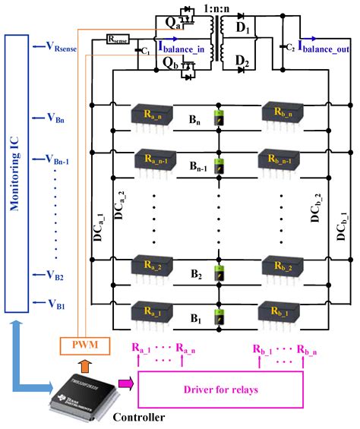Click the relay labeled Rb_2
279,267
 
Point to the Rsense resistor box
118,36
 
